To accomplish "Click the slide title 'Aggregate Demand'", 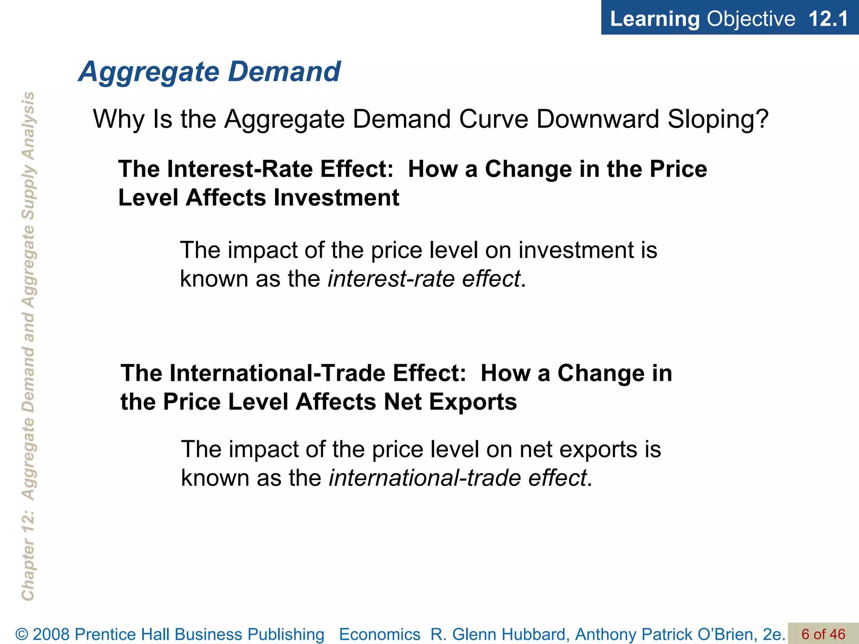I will click(x=210, y=72).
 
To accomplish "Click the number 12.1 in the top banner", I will click(x=828, y=19).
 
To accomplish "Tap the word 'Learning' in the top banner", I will click(x=654, y=19).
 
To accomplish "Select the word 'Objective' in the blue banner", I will click(x=751, y=19).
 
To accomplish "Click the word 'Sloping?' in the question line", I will click(x=718, y=119).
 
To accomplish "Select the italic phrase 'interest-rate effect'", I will click(x=424, y=279).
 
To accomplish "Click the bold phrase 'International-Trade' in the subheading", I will click(x=277, y=373).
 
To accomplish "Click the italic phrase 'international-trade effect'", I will click(x=457, y=478).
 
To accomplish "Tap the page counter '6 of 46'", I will click(x=823, y=634).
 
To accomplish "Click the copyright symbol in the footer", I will click(x=22, y=634).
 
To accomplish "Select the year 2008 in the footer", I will click(x=52, y=634).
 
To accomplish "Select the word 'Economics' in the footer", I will click(x=380, y=634).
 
